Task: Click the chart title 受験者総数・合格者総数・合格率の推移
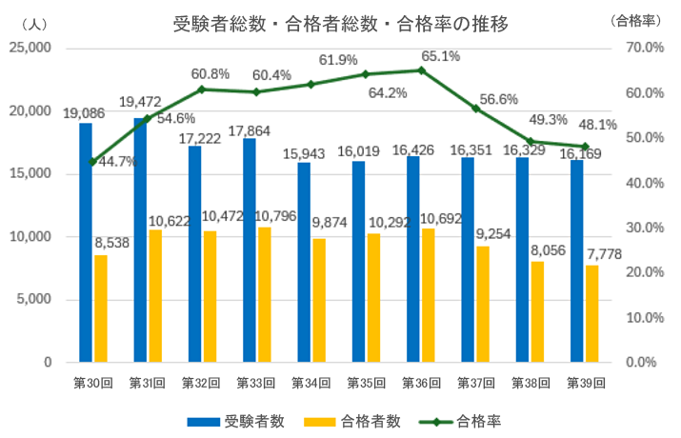coord(340,24)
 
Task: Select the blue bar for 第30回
coord(86,243)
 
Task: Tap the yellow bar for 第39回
coord(591,313)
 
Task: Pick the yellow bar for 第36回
coord(428,295)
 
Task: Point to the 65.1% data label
coord(441,56)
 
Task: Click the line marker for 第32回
coord(202,90)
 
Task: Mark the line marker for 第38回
coord(530,141)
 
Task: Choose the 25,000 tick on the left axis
coord(31,48)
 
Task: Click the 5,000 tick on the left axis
coord(35,300)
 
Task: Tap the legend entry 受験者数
coord(227,420)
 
